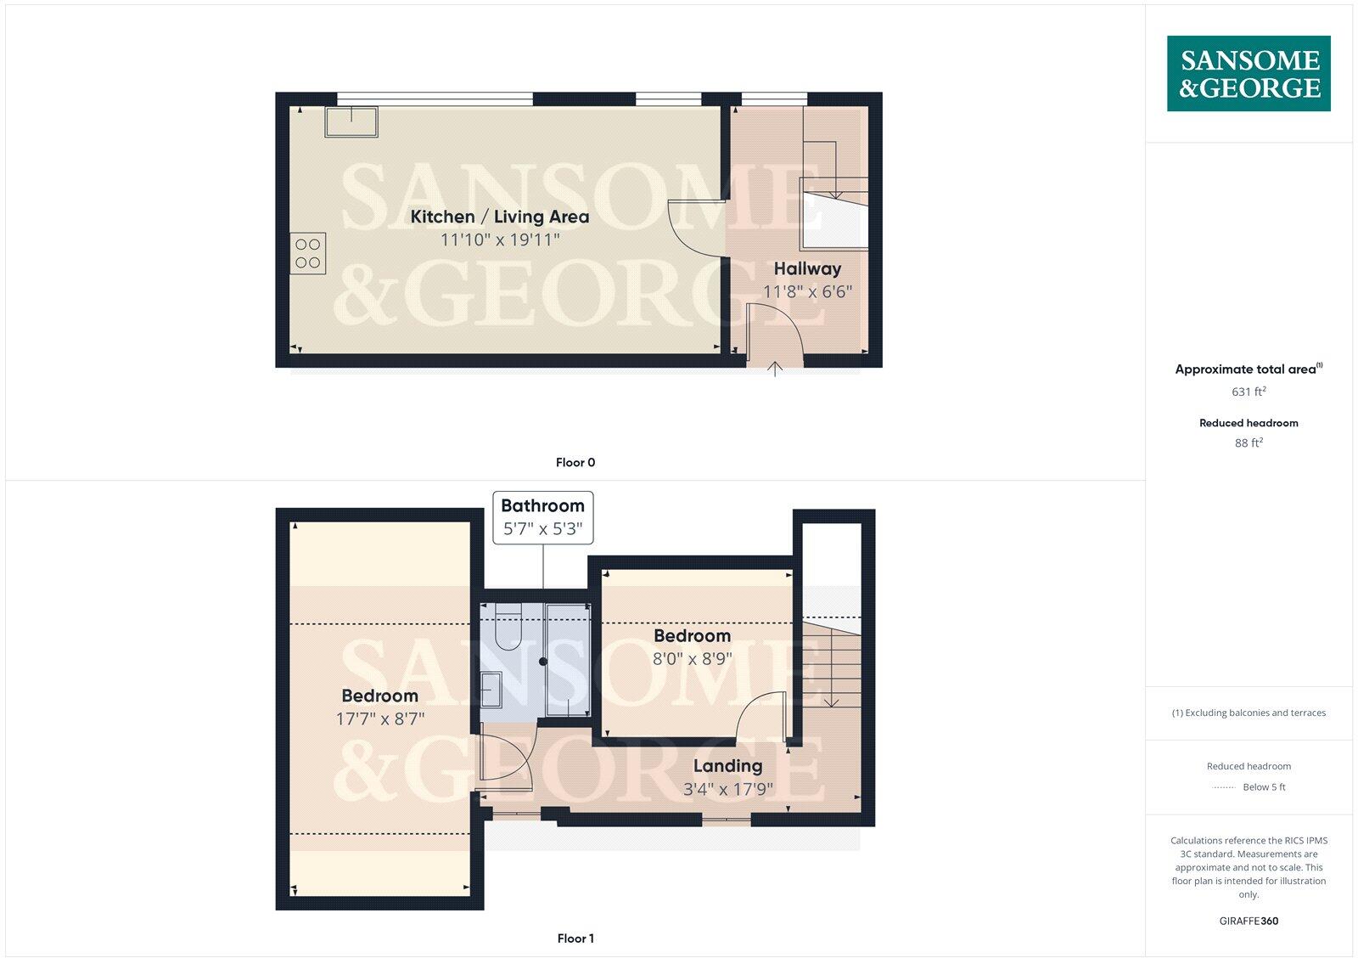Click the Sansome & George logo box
[x=1249, y=74]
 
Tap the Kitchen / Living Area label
[x=499, y=217]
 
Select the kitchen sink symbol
[x=351, y=121]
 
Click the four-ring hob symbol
[x=308, y=253]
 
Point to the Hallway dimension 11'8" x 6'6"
[x=807, y=292]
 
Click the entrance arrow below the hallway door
[x=774, y=369]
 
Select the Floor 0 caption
[x=575, y=463]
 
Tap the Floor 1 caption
[x=575, y=938]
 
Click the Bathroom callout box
[x=542, y=517]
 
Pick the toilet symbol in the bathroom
[x=508, y=628]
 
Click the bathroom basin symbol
[x=491, y=689]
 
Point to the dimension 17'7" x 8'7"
[x=379, y=719]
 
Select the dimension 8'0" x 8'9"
[x=692, y=658]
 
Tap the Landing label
[x=727, y=766]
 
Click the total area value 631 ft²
[x=1249, y=392]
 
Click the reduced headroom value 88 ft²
[x=1249, y=442]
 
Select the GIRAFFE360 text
[x=1249, y=921]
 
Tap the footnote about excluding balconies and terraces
[x=1249, y=713]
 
